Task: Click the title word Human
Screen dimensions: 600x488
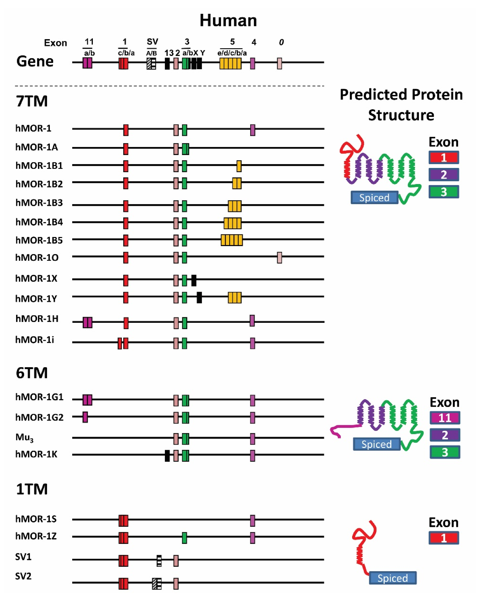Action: click(x=228, y=20)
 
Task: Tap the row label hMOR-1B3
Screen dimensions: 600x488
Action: click(x=39, y=203)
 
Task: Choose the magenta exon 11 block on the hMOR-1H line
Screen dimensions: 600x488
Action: click(x=87, y=322)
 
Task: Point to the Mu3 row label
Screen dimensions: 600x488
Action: click(x=24, y=437)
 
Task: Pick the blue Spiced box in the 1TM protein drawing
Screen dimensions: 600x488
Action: click(x=392, y=578)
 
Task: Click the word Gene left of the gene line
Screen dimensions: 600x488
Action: click(x=35, y=61)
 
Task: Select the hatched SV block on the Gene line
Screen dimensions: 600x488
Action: click(x=151, y=63)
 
